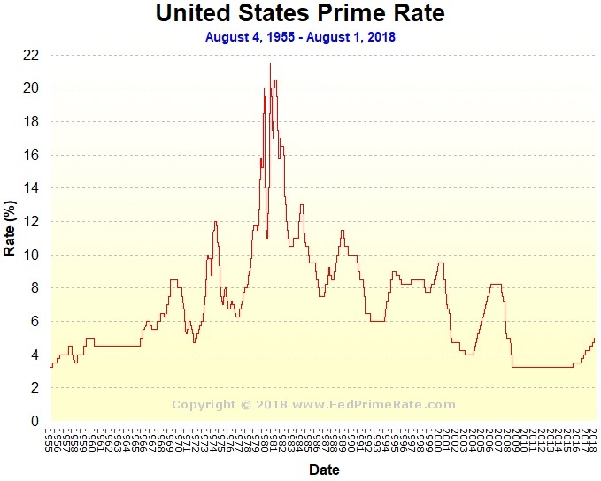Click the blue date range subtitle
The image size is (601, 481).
pyautogui.click(x=300, y=37)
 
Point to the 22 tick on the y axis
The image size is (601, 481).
pyautogui.click(x=30, y=55)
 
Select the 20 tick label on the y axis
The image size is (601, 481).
pyautogui.click(x=30, y=88)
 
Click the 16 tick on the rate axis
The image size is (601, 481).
pyautogui.click(x=30, y=155)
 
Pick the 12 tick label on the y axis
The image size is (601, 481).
pyautogui.click(x=30, y=222)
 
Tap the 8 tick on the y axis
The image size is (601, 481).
pyautogui.click(x=34, y=288)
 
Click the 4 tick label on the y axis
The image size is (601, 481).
pyautogui.click(x=34, y=355)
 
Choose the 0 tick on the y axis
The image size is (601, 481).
pyautogui.click(x=34, y=422)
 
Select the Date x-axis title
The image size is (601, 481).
pyautogui.click(x=324, y=470)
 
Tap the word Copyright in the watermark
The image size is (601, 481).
pyautogui.click(x=202, y=405)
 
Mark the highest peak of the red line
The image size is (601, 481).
pyautogui.click(x=270, y=63)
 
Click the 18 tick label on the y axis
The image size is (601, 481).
pyautogui.click(x=30, y=122)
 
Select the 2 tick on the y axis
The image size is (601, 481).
pyautogui.click(x=34, y=388)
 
